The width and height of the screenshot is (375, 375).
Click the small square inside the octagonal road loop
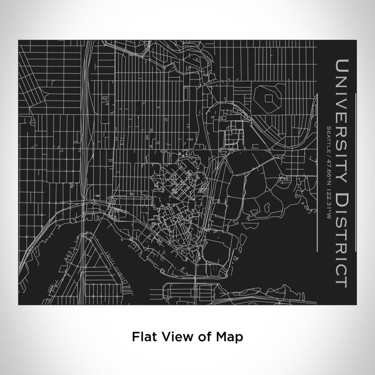pyautogui.click(x=267, y=98)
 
